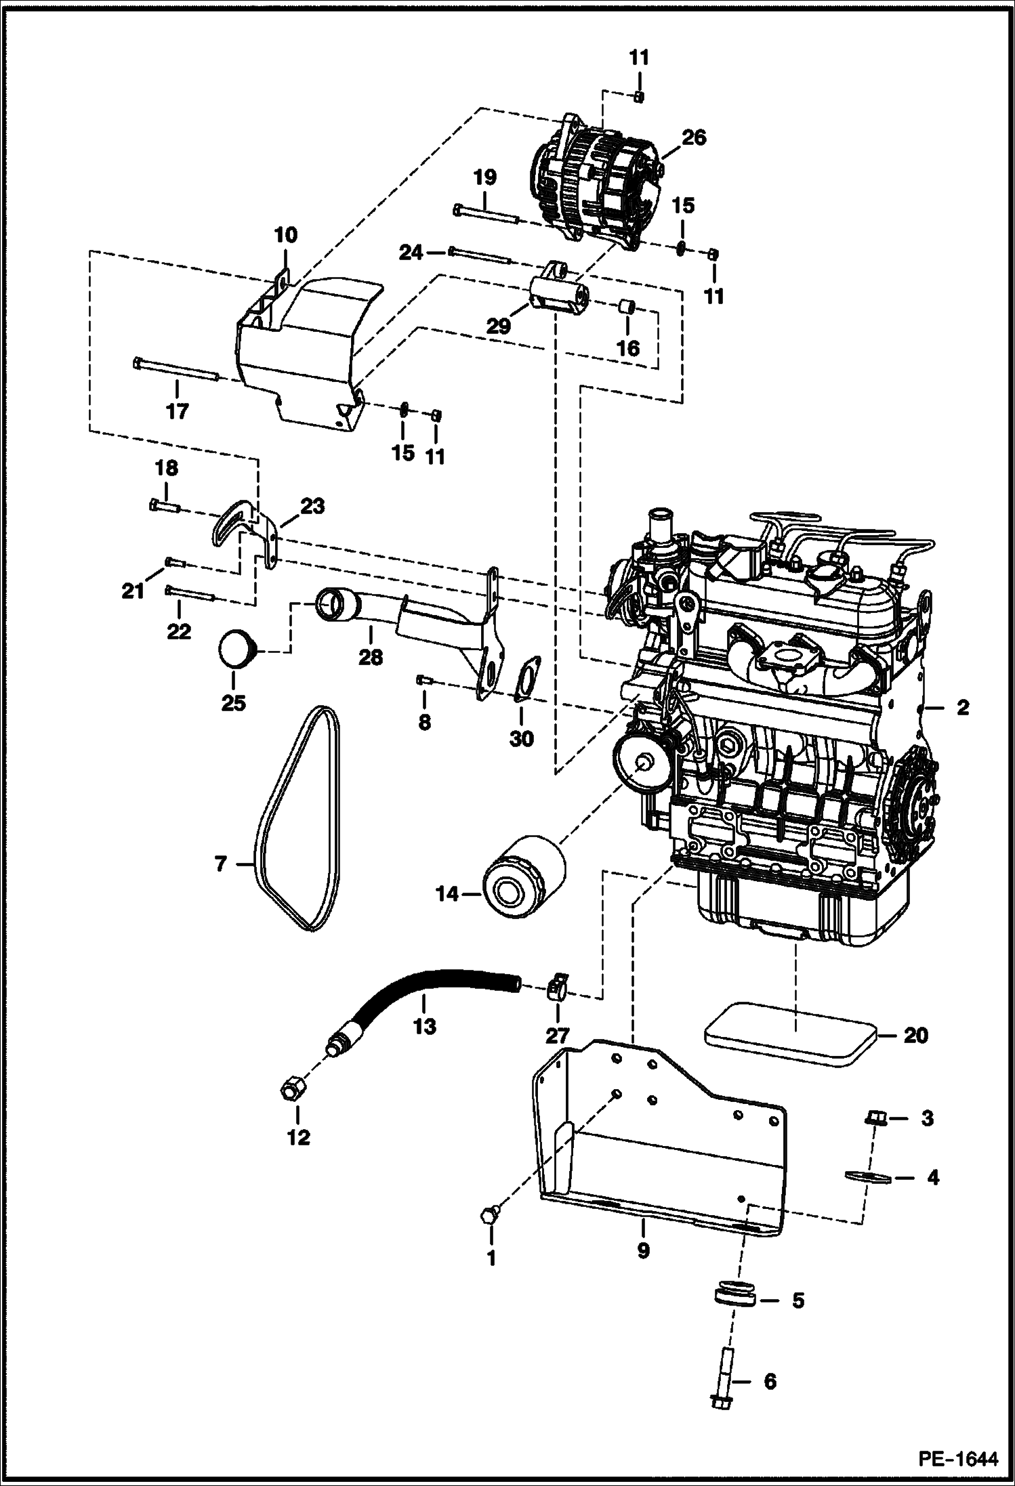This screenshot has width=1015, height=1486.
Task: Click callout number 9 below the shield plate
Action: point(642,1250)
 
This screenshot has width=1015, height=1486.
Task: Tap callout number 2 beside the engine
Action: point(962,708)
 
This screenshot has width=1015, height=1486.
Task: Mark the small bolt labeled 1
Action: point(489,1215)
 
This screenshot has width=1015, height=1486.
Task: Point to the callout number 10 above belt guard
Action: point(285,236)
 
